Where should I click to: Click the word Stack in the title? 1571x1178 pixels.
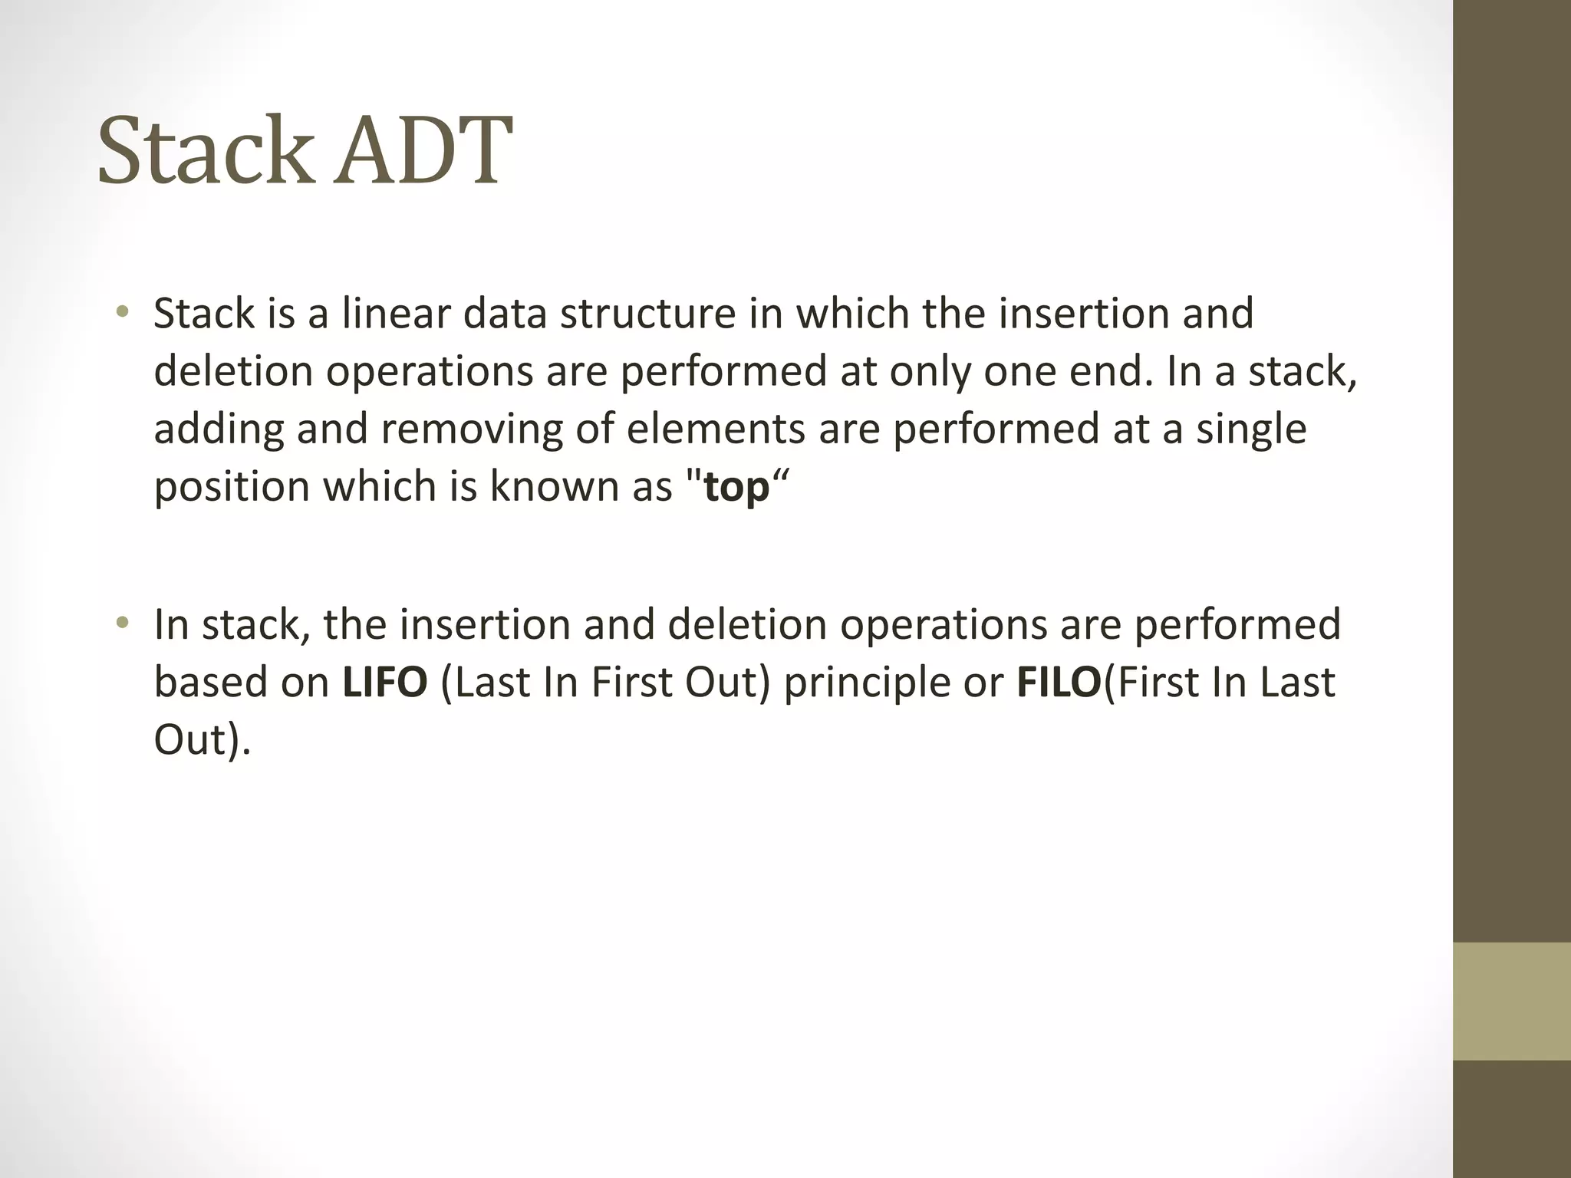[x=206, y=150]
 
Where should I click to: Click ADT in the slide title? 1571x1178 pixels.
[x=423, y=150]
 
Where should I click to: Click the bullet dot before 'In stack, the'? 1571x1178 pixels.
[x=121, y=623]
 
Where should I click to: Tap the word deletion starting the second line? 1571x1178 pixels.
[x=232, y=372]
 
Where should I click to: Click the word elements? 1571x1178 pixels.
[x=716, y=429]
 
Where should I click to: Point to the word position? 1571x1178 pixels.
[x=231, y=488]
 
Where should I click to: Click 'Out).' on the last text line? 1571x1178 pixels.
[x=203, y=740]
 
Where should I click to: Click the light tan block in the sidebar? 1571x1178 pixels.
[x=1511, y=1001]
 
